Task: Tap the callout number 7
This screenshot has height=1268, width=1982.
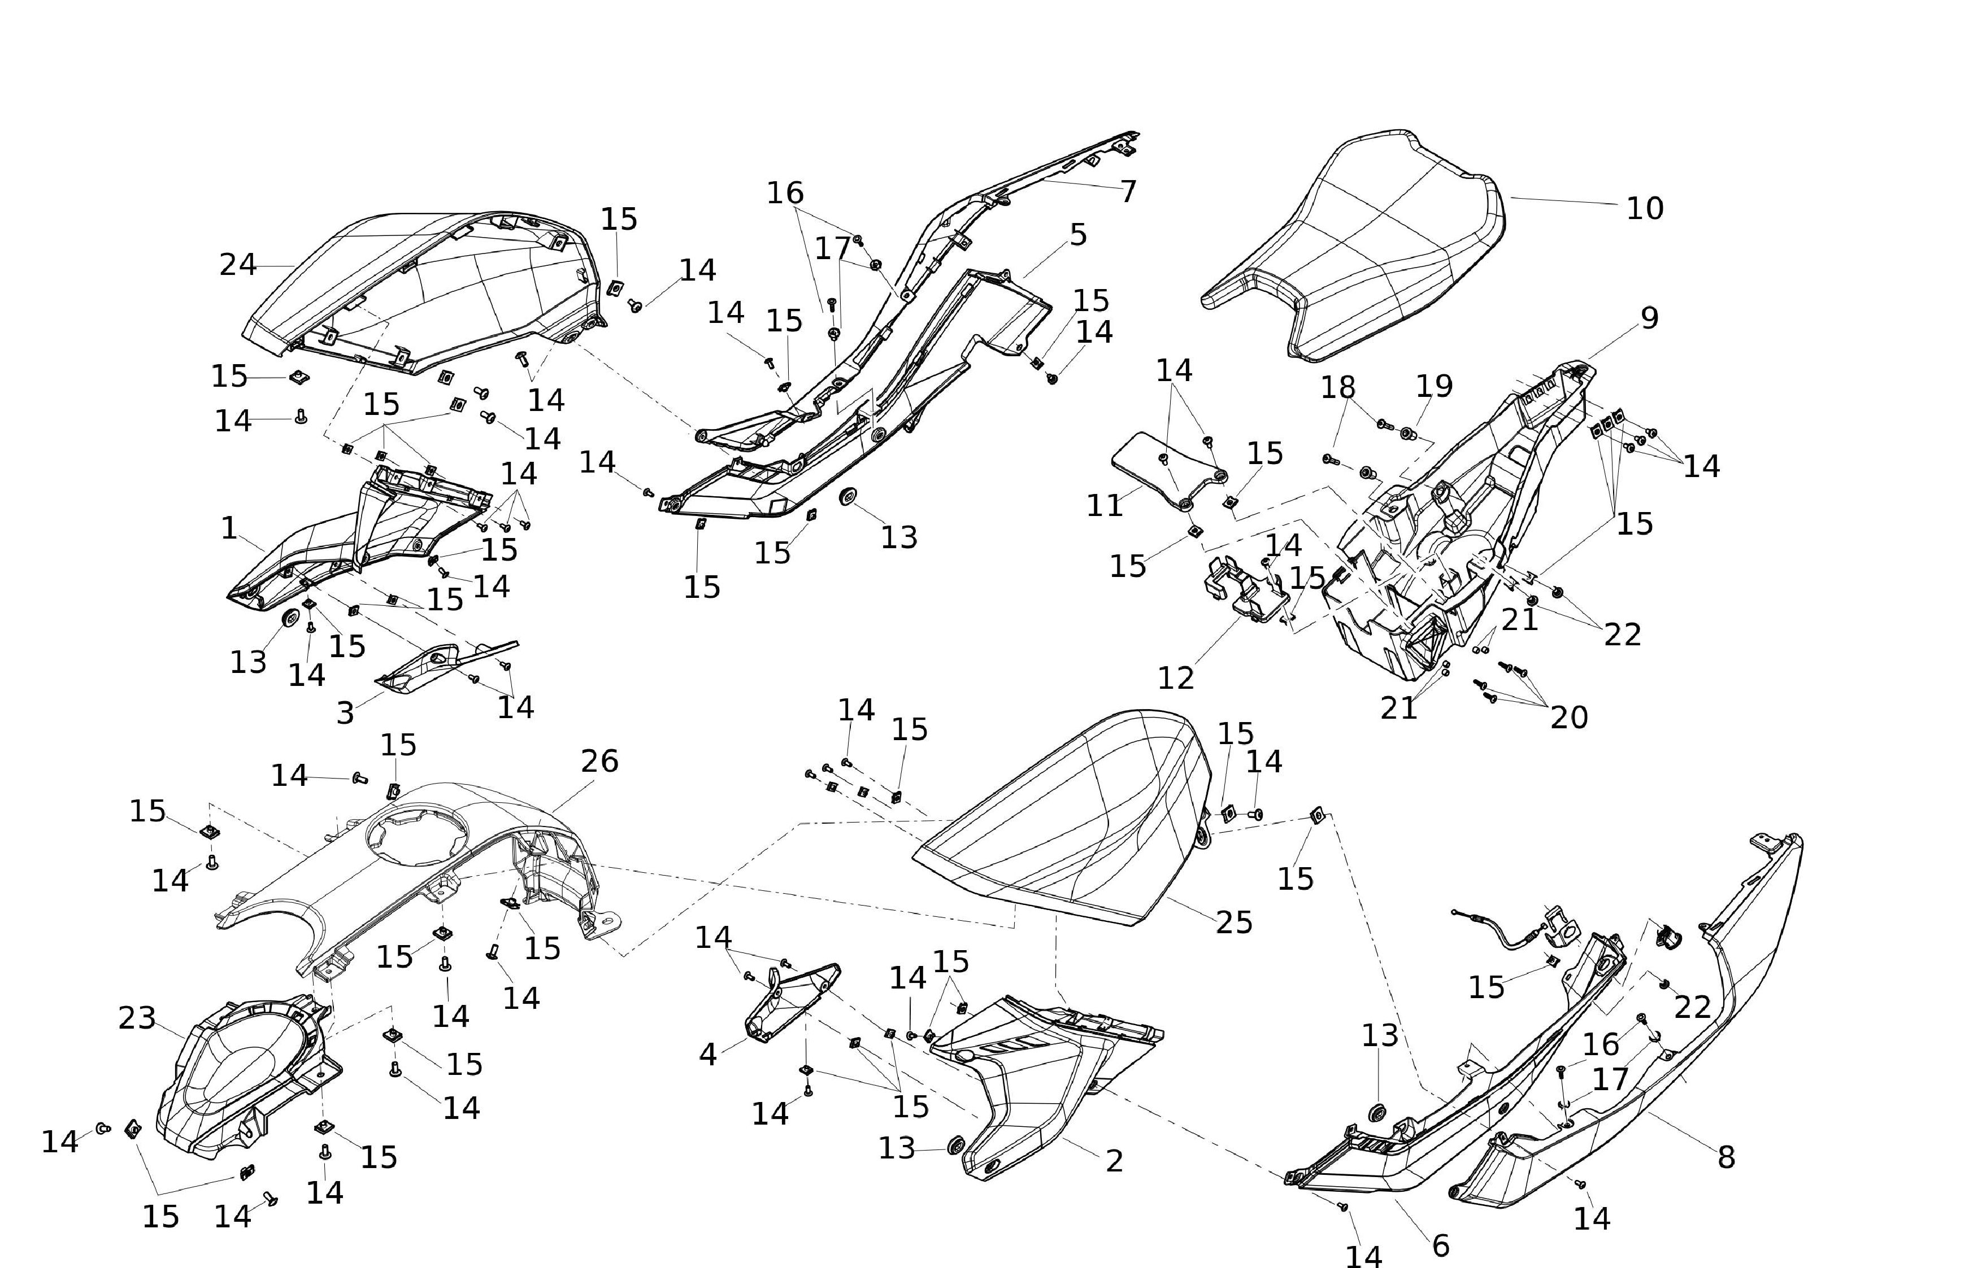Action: (x=1128, y=192)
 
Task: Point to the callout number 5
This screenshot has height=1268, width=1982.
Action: (x=1079, y=235)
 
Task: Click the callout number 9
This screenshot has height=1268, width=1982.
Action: (x=1649, y=318)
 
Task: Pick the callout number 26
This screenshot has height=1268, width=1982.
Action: (x=599, y=762)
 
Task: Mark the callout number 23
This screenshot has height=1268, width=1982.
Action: (x=137, y=1018)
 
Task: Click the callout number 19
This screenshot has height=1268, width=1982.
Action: (x=1434, y=386)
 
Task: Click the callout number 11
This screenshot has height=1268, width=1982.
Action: (x=1105, y=505)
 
